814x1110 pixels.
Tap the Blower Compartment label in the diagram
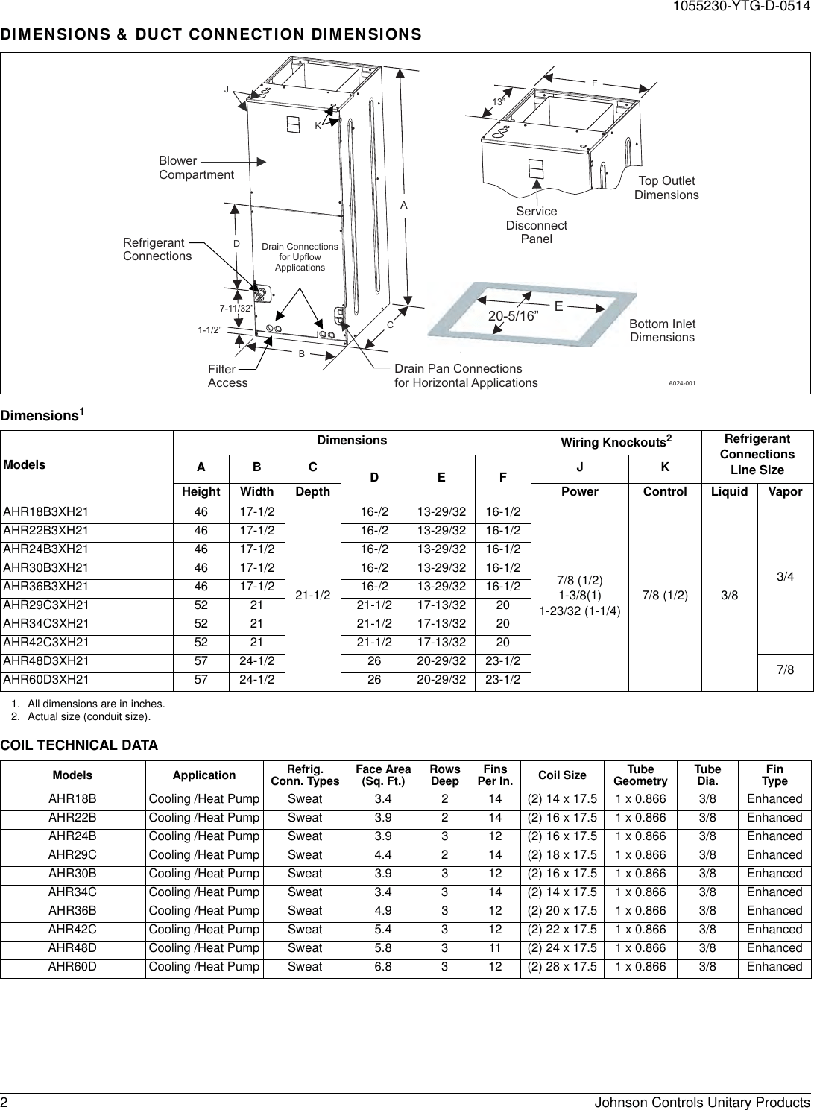tap(196, 168)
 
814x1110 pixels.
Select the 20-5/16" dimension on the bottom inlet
tap(514, 315)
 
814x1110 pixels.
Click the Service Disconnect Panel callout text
tap(536, 225)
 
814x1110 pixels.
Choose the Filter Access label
tap(227, 376)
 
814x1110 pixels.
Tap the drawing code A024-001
tap(681, 382)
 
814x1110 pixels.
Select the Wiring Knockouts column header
tap(616, 443)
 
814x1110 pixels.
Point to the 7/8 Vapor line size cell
tap(785, 669)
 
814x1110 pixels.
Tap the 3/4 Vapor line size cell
tap(785, 576)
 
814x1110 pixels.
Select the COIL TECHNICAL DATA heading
tap(79, 745)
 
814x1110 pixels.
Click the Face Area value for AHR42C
tap(382, 930)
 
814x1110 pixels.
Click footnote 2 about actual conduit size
tap(88, 717)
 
